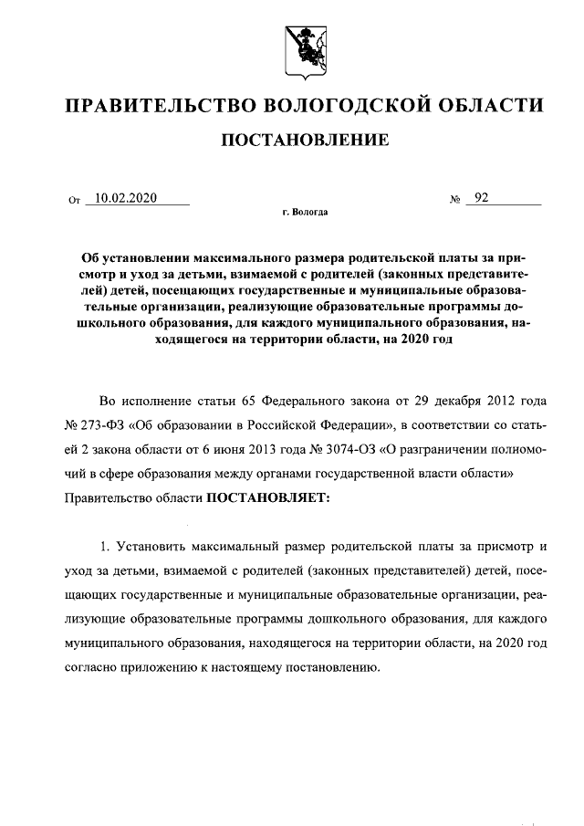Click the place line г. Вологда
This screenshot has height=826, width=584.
[305, 213]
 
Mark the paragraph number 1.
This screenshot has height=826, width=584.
[104, 548]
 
